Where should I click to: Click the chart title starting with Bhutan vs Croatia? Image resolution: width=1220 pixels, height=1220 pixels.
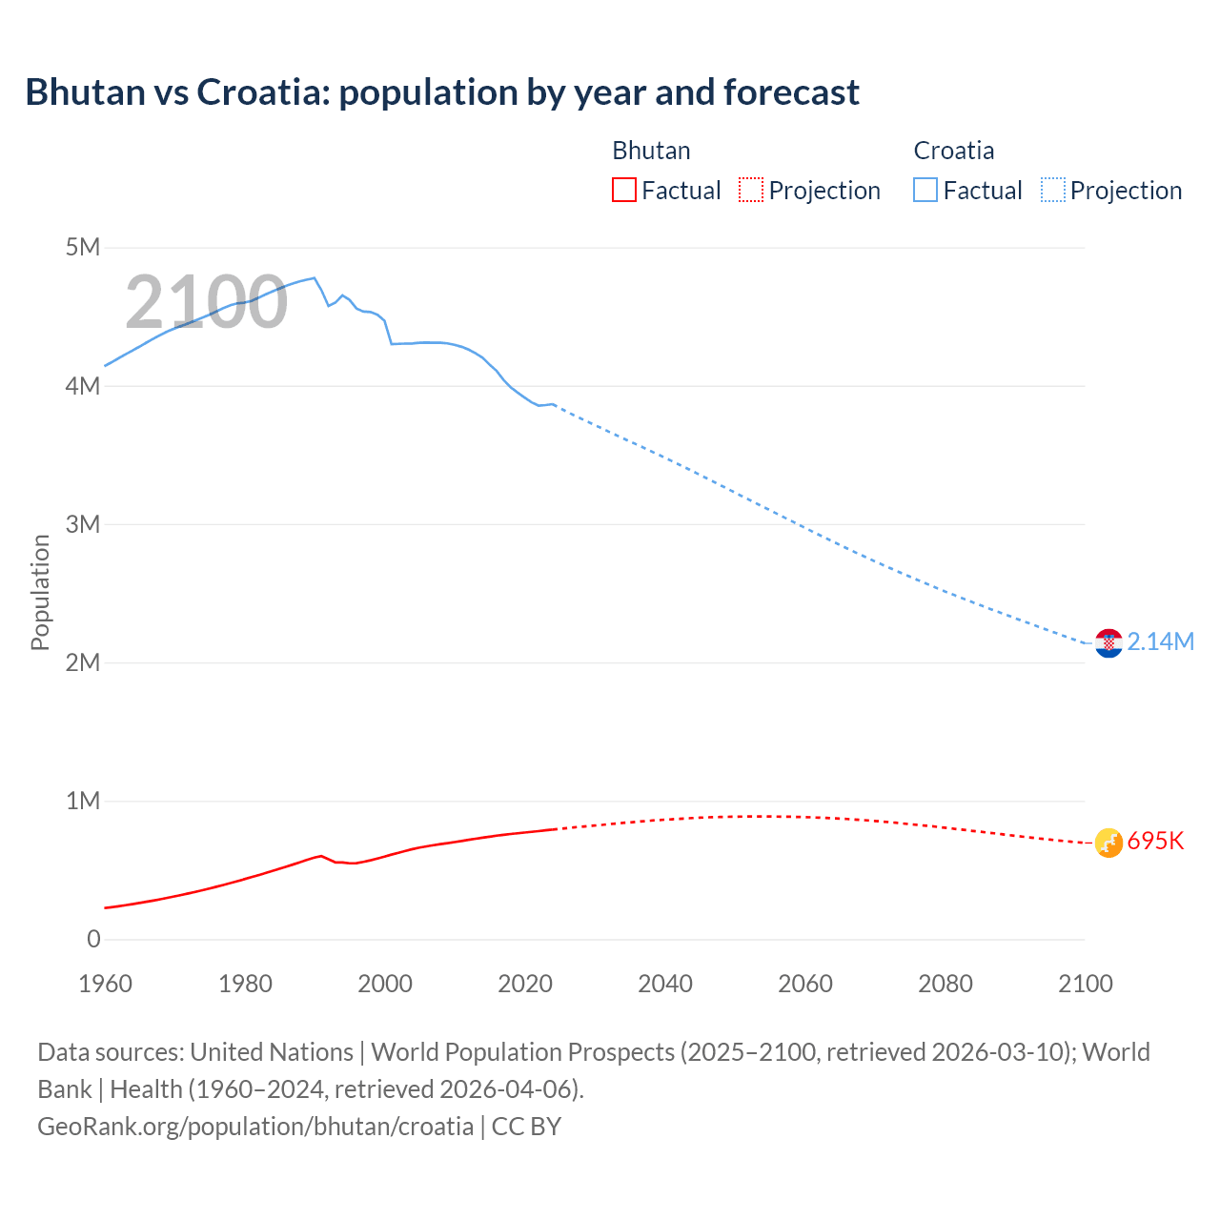click(442, 92)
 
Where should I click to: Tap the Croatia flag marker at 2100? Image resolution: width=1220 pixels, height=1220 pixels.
click(1108, 643)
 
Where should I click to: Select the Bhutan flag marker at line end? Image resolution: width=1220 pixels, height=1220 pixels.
click(1108, 843)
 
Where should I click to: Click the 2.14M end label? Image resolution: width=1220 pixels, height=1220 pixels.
click(1160, 642)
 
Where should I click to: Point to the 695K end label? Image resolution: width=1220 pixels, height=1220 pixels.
click(1155, 842)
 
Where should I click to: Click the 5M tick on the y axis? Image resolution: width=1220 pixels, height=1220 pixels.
click(83, 248)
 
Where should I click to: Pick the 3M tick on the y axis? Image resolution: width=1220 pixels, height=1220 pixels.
click(83, 524)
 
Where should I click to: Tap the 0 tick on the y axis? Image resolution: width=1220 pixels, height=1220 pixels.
click(93, 939)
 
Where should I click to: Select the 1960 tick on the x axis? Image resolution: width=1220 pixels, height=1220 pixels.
click(105, 984)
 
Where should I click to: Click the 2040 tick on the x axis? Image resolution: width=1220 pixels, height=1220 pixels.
click(665, 984)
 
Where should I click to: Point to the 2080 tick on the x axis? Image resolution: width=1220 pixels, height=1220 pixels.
click(945, 984)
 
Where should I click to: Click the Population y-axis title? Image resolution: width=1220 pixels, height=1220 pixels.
click(40, 593)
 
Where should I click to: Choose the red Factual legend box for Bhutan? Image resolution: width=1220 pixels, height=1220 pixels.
click(623, 191)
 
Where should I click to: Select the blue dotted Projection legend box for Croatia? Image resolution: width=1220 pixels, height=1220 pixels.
click(1052, 191)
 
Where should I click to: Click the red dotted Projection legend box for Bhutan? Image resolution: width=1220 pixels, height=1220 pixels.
click(751, 191)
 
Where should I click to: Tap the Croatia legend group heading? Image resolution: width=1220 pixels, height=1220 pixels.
click(953, 151)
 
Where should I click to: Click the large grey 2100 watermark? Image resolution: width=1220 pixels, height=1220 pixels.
click(206, 302)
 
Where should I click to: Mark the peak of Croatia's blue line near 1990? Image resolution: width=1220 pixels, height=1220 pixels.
click(314, 277)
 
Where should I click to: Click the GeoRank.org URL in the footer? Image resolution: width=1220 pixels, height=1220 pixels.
click(255, 1127)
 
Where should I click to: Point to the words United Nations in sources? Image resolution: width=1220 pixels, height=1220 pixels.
click(272, 1052)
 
